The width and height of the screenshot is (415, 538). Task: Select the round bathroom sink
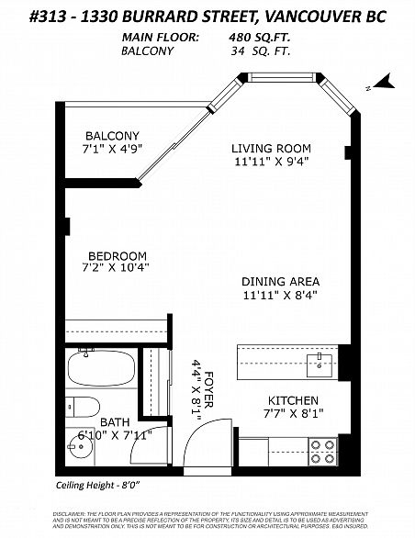coord(80,448)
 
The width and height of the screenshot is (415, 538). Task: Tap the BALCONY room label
coord(112,136)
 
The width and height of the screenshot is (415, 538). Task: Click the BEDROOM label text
coord(118,255)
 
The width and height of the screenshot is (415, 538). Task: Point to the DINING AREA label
coord(279,282)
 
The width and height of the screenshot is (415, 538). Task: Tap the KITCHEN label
coord(293,400)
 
